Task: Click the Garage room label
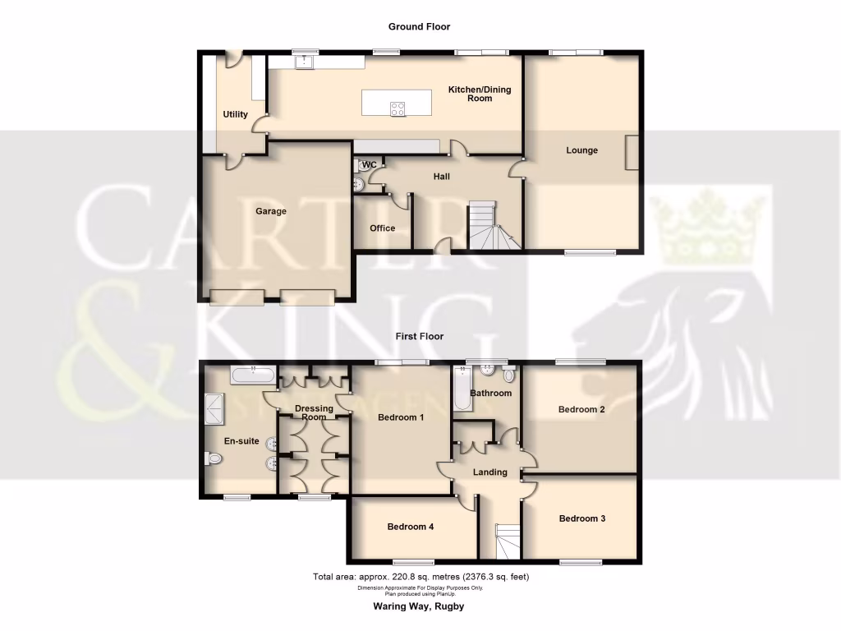(x=270, y=211)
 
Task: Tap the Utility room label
(x=235, y=114)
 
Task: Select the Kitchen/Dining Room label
(x=480, y=94)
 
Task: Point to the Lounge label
(x=581, y=150)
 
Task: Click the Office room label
(x=382, y=228)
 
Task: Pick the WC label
(x=370, y=165)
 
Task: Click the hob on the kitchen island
(x=398, y=108)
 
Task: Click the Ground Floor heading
(x=420, y=27)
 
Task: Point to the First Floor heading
(x=420, y=336)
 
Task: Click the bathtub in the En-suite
(x=253, y=375)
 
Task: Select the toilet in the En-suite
(x=214, y=460)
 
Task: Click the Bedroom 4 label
(x=410, y=527)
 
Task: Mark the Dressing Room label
(x=314, y=412)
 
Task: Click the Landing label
(x=489, y=472)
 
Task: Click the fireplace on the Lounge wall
(x=632, y=152)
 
